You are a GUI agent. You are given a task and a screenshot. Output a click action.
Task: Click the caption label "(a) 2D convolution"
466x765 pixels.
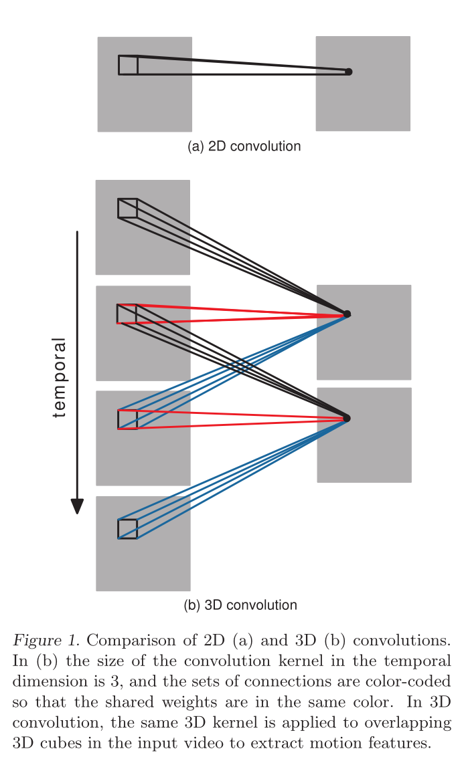click(244, 146)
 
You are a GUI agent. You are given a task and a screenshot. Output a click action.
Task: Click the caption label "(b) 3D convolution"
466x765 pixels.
click(240, 605)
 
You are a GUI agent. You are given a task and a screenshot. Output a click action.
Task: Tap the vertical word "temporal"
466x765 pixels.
click(60, 378)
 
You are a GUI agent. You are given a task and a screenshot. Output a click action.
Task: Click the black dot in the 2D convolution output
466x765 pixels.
click(348, 72)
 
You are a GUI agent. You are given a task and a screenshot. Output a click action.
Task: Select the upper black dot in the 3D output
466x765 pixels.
click(347, 314)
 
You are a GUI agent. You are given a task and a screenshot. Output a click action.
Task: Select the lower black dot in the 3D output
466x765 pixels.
click(347, 419)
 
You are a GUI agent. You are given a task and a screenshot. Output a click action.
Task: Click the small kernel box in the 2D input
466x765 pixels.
click(128, 65)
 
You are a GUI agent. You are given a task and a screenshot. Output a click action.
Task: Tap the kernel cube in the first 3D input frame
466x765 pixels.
click(127, 208)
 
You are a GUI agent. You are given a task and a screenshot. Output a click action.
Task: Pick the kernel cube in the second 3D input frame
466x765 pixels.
click(127, 314)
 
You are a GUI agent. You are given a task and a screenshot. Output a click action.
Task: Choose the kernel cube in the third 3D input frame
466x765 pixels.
click(127, 419)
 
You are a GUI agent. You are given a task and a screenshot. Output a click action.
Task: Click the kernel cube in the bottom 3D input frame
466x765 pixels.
click(127, 528)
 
